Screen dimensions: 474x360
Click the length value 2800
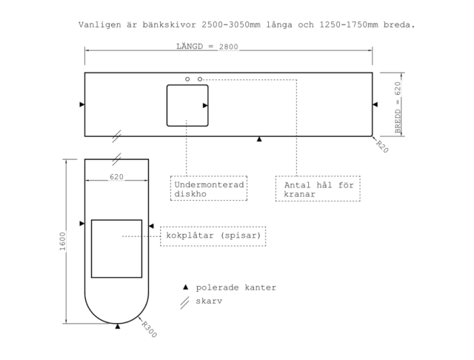click(229, 47)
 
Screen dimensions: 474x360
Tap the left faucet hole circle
click(187, 79)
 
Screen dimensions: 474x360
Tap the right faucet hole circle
click(200, 79)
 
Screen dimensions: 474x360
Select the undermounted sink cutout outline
click(167, 105)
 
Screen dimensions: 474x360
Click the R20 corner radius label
click(382, 147)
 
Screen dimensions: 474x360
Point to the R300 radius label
click(150, 330)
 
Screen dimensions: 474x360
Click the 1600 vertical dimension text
click(62, 241)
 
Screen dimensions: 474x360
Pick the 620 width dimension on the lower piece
click(116, 177)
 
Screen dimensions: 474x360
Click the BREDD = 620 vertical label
click(398, 107)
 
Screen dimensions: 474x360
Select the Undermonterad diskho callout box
click(209, 176)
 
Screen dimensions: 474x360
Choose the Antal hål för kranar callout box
click(318, 176)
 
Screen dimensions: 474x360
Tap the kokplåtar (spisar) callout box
click(213, 227)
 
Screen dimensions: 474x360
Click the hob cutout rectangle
click(91, 248)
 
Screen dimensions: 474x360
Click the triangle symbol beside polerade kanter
click(186, 287)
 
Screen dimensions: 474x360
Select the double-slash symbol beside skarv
click(184, 302)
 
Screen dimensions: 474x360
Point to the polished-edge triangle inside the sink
click(205, 105)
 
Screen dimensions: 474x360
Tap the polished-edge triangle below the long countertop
click(259, 139)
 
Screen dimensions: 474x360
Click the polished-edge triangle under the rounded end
click(118, 326)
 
